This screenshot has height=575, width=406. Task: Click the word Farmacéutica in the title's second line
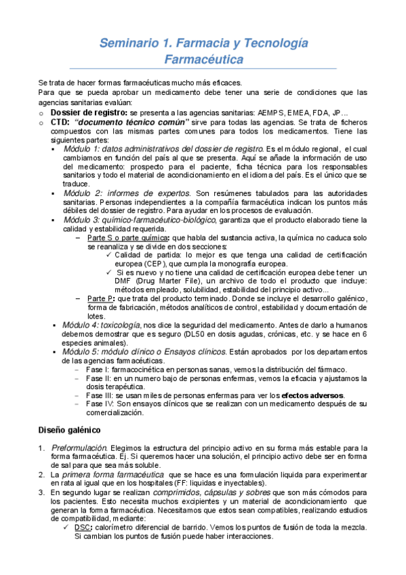204,60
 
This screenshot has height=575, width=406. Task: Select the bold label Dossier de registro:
89,111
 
